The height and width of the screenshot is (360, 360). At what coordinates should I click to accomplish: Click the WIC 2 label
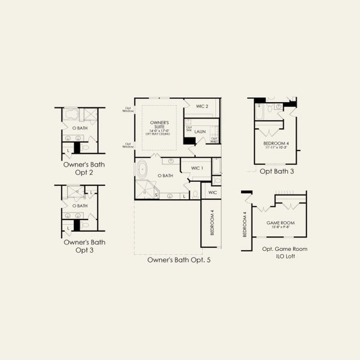[x=202, y=106]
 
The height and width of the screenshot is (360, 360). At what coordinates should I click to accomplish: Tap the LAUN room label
[x=200, y=132]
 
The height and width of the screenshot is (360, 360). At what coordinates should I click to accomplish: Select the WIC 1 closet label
[x=197, y=168]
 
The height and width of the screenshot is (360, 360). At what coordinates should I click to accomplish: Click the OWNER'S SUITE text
[x=158, y=125]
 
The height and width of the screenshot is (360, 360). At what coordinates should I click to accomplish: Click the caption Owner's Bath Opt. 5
[x=178, y=260]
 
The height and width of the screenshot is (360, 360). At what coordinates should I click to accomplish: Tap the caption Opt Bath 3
[x=277, y=171]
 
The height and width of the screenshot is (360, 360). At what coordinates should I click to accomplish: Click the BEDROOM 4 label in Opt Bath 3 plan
[x=276, y=144]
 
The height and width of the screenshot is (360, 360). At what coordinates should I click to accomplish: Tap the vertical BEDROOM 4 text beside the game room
[x=245, y=224]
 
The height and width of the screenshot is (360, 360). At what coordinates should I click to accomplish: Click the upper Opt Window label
[x=127, y=109]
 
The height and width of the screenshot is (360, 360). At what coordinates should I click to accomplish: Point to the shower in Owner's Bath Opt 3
[x=76, y=193]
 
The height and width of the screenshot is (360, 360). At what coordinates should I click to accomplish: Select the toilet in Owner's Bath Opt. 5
[x=196, y=194]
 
